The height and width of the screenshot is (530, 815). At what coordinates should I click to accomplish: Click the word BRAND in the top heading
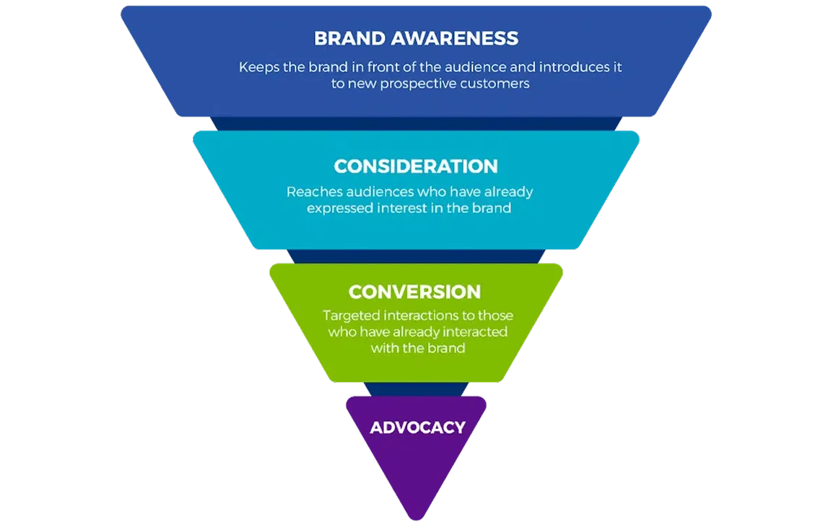[349, 38]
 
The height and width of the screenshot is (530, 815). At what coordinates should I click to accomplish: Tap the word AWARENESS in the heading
[455, 38]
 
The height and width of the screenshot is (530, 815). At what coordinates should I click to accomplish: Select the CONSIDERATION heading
[416, 167]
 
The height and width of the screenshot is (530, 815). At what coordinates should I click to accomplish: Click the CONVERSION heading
[415, 292]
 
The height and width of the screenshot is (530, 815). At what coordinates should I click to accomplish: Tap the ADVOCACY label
[417, 427]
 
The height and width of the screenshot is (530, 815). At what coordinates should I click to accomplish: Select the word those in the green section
[495, 316]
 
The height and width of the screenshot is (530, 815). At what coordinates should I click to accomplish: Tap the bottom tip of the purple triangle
[417, 520]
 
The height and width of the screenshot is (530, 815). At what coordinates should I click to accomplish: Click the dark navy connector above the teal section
[416, 123]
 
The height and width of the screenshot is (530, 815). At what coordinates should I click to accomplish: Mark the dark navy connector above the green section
[416, 256]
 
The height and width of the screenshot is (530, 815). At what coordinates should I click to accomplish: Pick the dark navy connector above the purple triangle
[416, 389]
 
